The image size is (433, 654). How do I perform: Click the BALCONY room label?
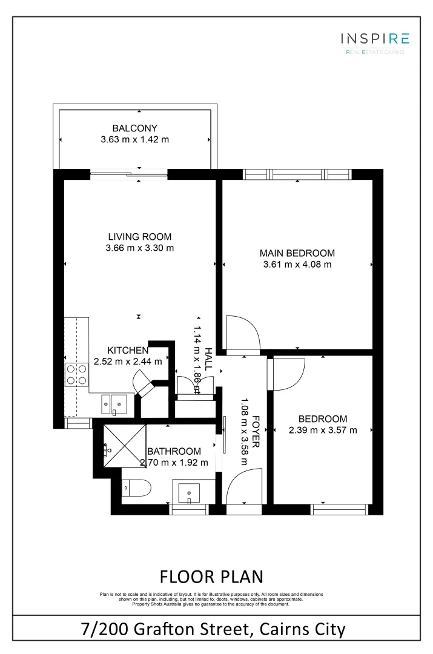[134, 128]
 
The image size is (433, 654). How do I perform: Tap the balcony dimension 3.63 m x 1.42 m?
[134, 139]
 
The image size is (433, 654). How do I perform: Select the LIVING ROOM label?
[139, 237]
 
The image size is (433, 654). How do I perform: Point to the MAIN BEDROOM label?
[297, 253]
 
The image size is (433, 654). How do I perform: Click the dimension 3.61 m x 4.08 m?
[297, 264]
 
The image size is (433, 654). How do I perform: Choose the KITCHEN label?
[128, 351]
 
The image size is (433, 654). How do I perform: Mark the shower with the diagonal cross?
[125, 445]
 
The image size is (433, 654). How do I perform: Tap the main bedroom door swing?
[242, 333]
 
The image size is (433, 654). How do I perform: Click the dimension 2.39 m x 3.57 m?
[323, 431]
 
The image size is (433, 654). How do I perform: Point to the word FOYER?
[256, 431]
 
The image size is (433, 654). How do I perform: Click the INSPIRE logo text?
[375, 39]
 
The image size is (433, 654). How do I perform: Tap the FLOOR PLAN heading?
[211, 575]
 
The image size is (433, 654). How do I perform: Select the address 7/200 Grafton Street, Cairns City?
[213, 629]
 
